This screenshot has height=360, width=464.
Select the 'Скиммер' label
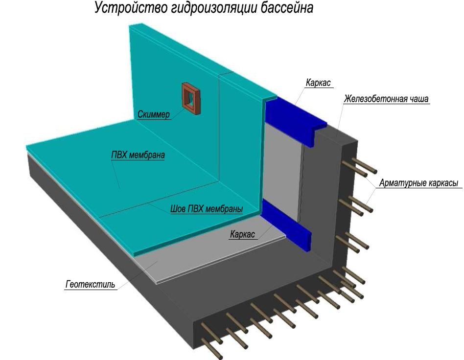[x=154, y=115]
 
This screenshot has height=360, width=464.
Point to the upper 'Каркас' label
[x=319, y=83]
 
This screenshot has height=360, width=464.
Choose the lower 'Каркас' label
[x=242, y=234]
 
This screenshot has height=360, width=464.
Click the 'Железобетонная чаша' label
[x=386, y=99]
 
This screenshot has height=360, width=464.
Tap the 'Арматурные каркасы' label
[x=418, y=183]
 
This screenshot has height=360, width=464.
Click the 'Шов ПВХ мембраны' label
[x=207, y=209]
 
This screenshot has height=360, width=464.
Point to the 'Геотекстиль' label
[x=91, y=284]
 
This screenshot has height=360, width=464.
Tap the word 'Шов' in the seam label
[x=177, y=209]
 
